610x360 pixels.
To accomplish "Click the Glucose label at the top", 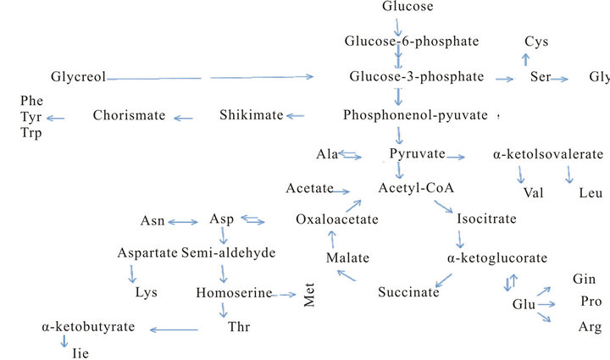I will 408,7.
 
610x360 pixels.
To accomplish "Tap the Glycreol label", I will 78,77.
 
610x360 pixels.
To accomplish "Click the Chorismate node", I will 129,115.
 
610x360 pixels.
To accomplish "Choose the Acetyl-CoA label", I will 411,188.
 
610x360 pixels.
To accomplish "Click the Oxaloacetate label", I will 336,219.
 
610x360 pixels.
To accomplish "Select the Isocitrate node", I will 486,219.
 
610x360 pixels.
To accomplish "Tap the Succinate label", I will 408,292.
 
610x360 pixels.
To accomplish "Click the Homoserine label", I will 233,293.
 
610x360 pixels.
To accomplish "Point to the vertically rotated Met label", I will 309,298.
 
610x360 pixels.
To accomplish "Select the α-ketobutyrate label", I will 82,326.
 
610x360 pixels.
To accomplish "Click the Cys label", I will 536,42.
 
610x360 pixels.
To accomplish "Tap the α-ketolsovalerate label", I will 547,155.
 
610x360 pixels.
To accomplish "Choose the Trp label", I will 31,132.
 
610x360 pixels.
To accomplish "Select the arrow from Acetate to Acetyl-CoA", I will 353,188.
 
